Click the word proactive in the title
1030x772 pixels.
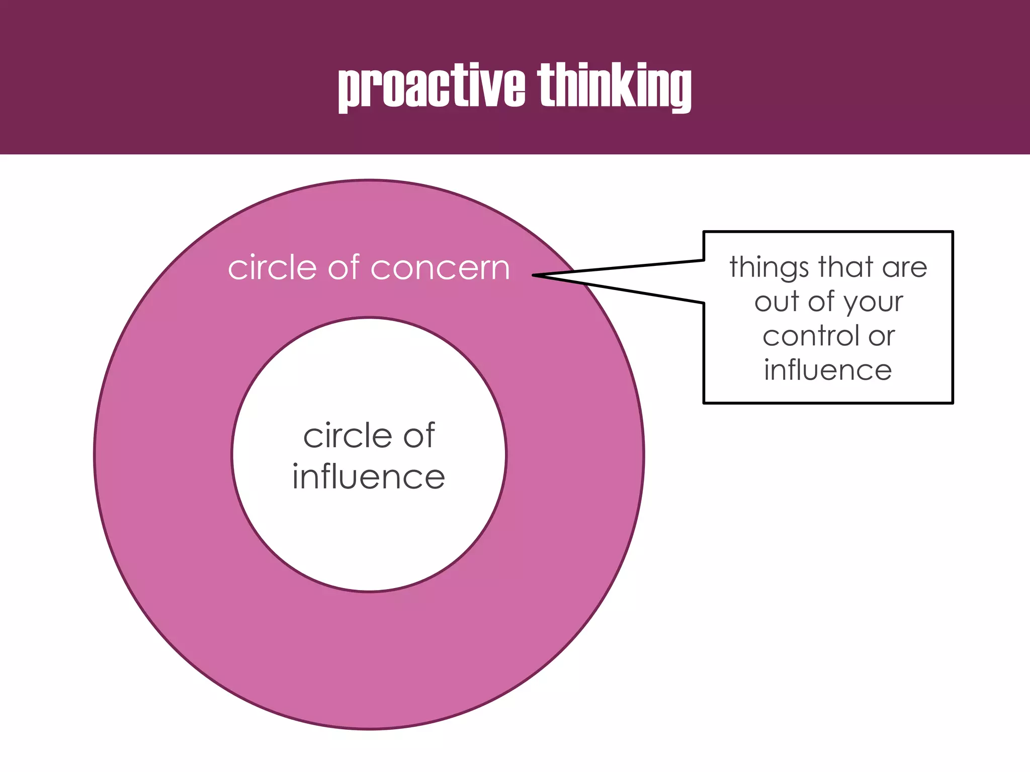(432, 86)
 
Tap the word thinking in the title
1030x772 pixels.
(614, 86)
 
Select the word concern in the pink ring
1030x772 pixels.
(440, 268)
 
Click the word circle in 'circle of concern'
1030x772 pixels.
(272, 267)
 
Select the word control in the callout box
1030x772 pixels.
(811, 336)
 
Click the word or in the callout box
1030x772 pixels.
(881, 337)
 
